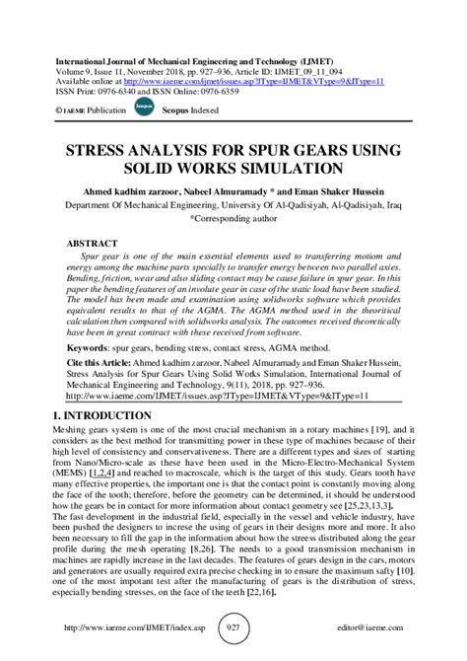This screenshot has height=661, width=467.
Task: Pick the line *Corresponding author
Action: pyautogui.click(x=233, y=221)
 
